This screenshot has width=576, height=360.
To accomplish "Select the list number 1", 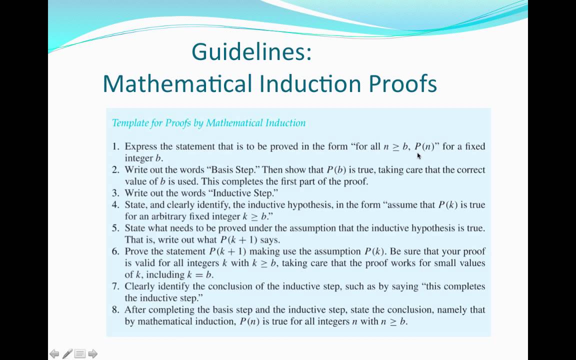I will coord(115,146).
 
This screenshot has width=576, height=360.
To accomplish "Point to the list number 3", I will coord(115,193).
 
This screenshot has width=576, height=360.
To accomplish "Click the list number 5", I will coord(115,228).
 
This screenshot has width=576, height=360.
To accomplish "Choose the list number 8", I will coord(115,309).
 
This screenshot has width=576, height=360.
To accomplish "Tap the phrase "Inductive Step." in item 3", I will coord(248,193).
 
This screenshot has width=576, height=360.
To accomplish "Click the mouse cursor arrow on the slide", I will coord(419,155).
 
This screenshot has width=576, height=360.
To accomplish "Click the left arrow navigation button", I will coord(54,354).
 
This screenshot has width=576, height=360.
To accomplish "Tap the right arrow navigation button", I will coord(92,354).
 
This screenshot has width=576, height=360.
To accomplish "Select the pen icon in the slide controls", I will coord(67,354).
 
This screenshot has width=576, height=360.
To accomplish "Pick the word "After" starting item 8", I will coord(135,309).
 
